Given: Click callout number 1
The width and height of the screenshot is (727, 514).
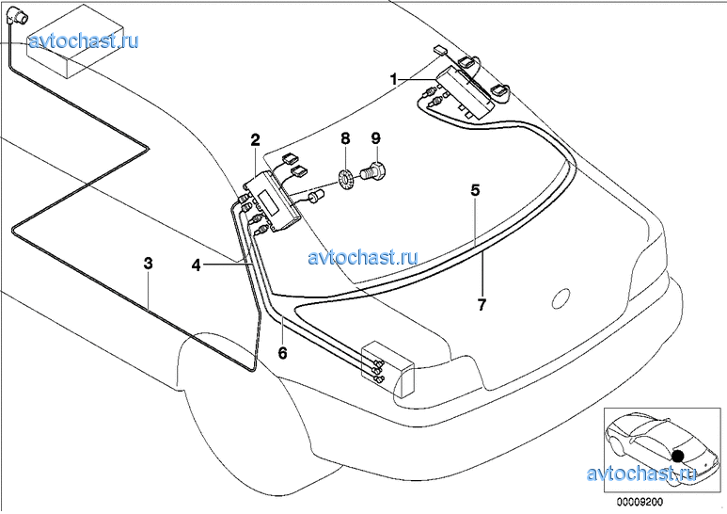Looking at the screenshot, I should pyautogui.click(x=395, y=79).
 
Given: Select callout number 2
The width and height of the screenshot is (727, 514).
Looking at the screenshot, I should pyautogui.click(x=255, y=140).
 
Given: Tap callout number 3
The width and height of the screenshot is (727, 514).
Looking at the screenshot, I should pyautogui.click(x=148, y=264).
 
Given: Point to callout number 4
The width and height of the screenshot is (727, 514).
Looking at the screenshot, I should pyautogui.click(x=197, y=265).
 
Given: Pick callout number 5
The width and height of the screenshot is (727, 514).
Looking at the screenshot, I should pyautogui.click(x=476, y=190).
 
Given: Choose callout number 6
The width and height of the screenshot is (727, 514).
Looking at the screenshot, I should pyautogui.click(x=282, y=353).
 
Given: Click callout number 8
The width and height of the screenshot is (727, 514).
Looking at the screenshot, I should pyautogui.click(x=345, y=138).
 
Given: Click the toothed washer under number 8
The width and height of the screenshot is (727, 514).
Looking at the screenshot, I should pyautogui.click(x=345, y=175).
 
